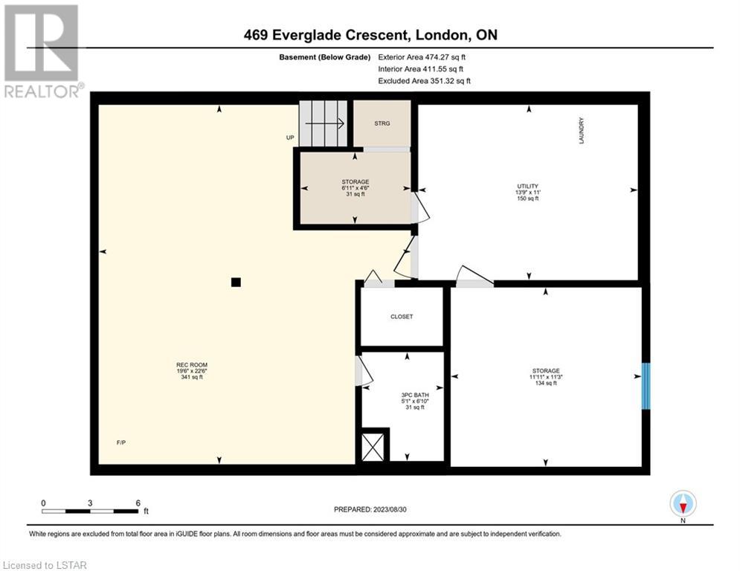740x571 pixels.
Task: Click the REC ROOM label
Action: point(192,365)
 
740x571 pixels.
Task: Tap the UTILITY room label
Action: point(527,187)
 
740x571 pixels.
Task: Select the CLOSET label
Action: point(402,317)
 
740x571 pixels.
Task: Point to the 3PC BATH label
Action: point(415,395)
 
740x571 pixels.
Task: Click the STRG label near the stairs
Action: point(382,123)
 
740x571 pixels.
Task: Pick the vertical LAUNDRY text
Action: point(582,131)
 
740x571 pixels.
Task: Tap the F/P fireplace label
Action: point(121,442)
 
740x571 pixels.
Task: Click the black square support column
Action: point(236,283)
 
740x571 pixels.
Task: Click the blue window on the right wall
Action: point(646,386)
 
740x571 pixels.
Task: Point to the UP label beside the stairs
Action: point(290,138)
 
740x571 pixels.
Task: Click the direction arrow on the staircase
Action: point(325,123)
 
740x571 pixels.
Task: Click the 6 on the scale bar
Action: point(138,503)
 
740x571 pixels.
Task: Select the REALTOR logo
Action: point(42,51)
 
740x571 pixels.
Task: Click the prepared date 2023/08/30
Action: point(390,509)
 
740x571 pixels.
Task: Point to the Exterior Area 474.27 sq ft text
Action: point(422,57)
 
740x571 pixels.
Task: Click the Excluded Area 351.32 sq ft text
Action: point(424,81)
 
